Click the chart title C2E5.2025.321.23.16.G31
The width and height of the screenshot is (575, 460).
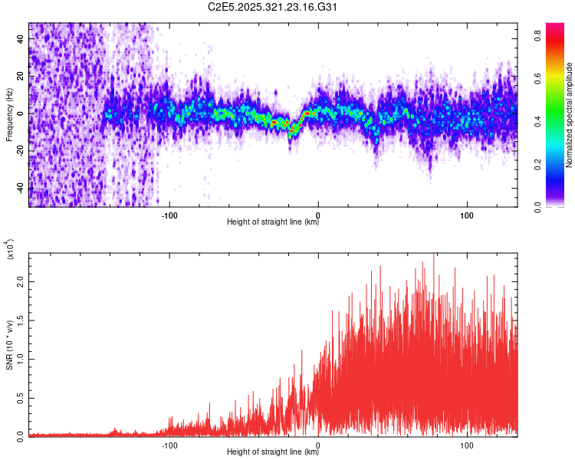[x=273, y=8]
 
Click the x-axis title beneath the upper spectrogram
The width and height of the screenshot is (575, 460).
[x=273, y=222]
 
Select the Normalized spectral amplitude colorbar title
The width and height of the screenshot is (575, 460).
[x=570, y=115]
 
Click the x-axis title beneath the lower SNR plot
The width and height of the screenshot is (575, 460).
[x=273, y=452]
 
